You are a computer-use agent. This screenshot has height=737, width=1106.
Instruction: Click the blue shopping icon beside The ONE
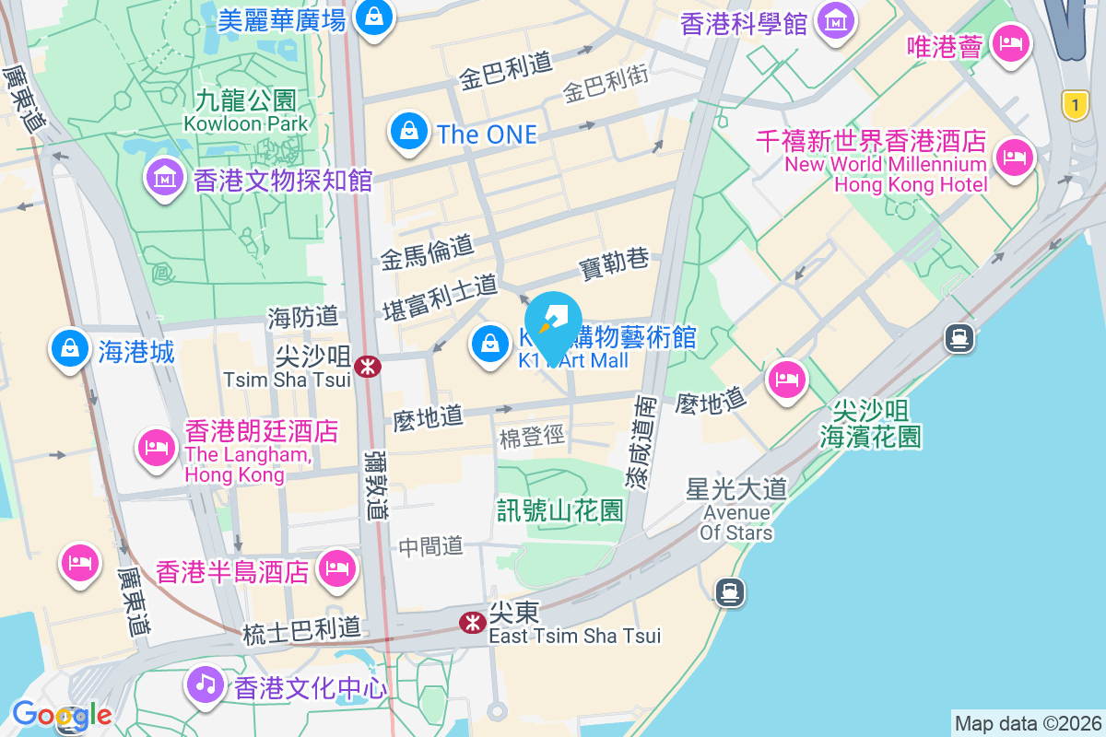[408, 132]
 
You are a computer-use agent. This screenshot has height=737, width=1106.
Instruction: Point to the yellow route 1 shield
[1075, 104]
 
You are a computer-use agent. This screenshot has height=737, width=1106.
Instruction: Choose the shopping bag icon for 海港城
[69, 349]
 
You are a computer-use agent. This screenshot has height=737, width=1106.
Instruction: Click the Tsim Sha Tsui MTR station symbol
[368, 367]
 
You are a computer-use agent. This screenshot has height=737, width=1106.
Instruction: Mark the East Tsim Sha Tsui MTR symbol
[473, 623]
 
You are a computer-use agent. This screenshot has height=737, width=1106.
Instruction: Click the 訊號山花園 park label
[560, 509]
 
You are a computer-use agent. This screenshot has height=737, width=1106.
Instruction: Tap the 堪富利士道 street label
[440, 297]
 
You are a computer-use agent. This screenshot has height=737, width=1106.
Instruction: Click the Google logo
[61, 715]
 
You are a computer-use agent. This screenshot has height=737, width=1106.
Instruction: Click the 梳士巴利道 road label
[302, 631]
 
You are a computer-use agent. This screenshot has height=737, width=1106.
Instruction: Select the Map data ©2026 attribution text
[1027, 723]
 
